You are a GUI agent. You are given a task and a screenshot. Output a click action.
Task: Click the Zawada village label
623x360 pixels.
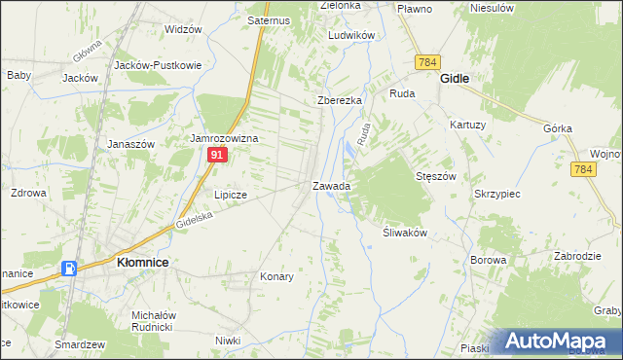[x=331, y=185]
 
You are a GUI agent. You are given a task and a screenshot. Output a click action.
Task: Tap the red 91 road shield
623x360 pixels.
[x=219, y=154]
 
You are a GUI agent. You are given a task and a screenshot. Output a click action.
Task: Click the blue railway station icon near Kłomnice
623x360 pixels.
[x=70, y=269]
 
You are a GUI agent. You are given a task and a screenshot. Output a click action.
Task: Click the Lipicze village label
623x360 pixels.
[x=231, y=195]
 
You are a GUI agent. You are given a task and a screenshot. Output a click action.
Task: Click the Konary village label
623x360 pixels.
[x=277, y=276]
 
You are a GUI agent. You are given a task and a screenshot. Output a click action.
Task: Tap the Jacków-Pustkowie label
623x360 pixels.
[x=158, y=65]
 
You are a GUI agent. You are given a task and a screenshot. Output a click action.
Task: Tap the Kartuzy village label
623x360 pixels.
[x=467, y=125]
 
